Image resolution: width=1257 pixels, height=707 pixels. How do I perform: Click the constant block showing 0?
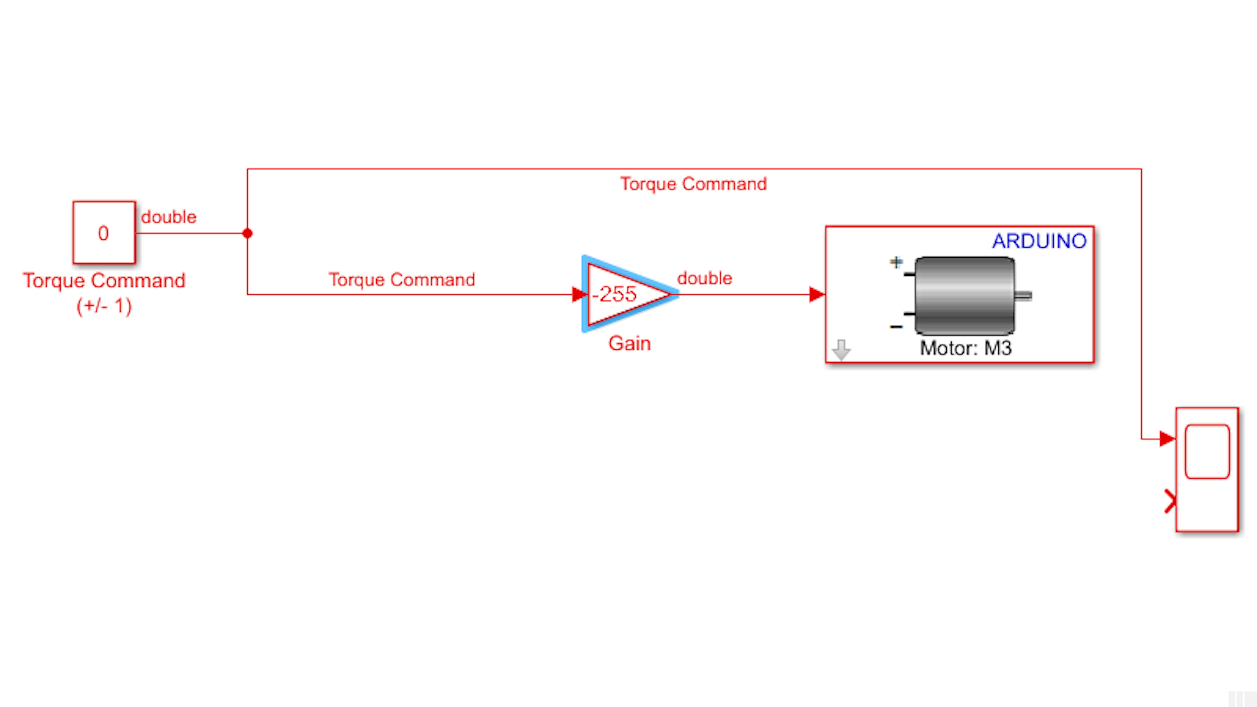click(104, 233)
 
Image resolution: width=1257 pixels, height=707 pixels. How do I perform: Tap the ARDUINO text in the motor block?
click(1039, 241)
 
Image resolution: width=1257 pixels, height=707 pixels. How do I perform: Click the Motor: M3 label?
click(966, 348)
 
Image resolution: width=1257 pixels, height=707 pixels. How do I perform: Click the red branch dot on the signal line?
click(247, 233)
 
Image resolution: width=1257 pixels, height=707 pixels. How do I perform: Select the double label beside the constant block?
click(169, 217)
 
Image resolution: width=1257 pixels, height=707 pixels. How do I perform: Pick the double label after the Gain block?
click(705, 278)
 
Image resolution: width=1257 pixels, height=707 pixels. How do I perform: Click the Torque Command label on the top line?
click(693, 184)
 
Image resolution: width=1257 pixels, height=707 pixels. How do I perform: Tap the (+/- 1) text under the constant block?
click(104, 306)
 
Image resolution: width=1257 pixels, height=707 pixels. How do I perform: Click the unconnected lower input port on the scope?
click(1170, 501)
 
